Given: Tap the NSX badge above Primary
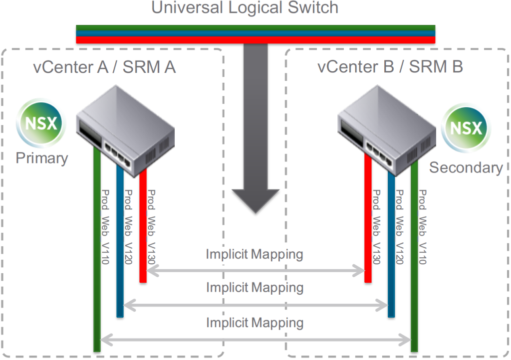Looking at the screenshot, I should click(41, 124).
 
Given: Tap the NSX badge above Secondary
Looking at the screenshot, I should click(466, 128).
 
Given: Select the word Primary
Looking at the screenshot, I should click(41, 158).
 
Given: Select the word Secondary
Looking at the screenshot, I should click(466, 168).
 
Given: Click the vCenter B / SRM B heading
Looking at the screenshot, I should click(390, 67).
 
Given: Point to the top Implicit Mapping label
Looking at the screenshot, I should click(255, 254).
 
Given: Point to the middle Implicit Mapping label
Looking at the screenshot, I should click(255, 288).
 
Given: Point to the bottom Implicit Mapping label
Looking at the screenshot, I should click(255, 323).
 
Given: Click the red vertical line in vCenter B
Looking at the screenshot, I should click(368, 224).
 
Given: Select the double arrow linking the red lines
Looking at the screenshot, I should click(255, 271).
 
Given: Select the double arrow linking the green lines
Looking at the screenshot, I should click(255, 340).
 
